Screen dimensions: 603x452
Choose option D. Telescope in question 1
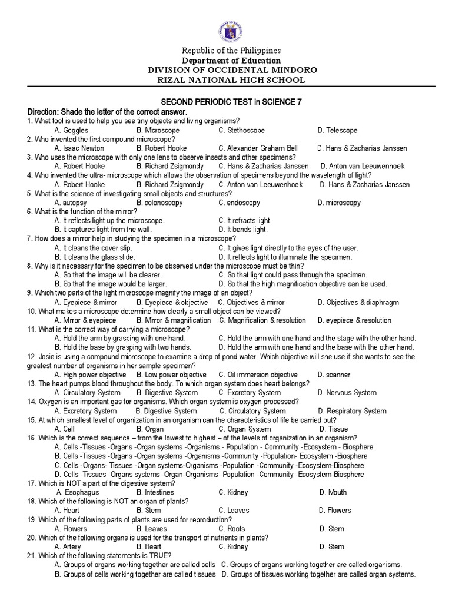point(337,130)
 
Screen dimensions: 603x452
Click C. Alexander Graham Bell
point(258,148)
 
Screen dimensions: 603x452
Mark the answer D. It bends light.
point(242,230)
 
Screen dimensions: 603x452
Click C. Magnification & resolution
point(262,320)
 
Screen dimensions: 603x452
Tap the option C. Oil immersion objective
point(258,375)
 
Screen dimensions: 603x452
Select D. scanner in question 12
point(334,375)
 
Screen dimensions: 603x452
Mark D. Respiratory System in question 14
point(352,410)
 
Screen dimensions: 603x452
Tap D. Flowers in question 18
point(335,511)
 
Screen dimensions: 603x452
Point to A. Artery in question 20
point(68,547)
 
